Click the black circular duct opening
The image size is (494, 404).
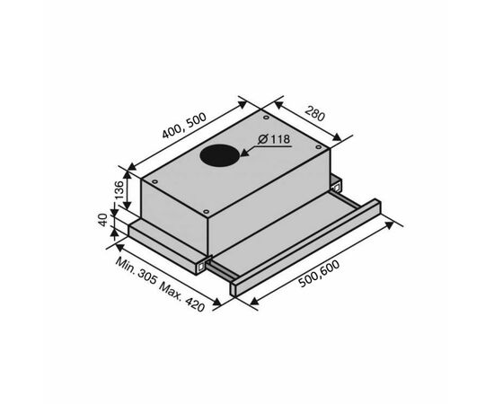tap(220, 156)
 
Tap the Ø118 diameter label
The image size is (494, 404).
tap(274, 139)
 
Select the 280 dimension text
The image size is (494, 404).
tap(314, 114)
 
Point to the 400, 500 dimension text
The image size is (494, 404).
tap(184, 126)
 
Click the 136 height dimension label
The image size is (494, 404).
tap(119, 189)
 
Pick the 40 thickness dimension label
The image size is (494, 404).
tap(103, 219)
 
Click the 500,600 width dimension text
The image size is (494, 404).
tap(320, 274)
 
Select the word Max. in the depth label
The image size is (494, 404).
tap(171, 291)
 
